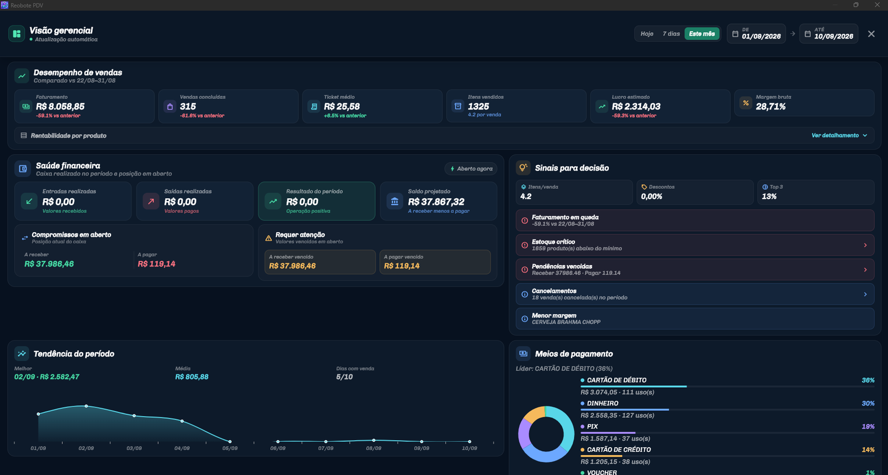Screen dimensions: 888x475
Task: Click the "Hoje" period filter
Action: point(647,34)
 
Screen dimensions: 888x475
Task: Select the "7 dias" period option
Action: point(671,34)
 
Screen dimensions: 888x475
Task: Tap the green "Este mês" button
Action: point(702,34)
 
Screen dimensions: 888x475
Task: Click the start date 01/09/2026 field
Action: point(756,34)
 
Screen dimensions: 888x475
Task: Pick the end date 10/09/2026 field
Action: point(829,34)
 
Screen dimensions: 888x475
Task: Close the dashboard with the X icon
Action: point(871,34)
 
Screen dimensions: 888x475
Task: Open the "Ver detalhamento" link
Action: point(839,136)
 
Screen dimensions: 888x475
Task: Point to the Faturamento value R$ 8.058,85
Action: point(60,106)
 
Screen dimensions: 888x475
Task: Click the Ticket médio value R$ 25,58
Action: point(342,106)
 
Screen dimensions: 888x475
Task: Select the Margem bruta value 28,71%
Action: point(771,106)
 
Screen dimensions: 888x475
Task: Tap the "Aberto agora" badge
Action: point(471,169)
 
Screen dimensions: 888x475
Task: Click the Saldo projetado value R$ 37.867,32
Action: point(436,202)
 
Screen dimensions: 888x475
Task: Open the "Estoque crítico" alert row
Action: point(695,245)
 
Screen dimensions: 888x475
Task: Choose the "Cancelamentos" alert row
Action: point(695,294)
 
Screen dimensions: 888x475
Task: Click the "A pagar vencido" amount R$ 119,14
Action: point(402,266)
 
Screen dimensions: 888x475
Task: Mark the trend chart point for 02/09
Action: point(86,406)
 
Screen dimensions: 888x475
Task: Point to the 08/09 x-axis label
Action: point(374,448)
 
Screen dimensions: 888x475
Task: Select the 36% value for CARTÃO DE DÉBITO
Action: point(868,380)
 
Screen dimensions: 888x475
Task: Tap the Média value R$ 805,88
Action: point(191,377)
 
